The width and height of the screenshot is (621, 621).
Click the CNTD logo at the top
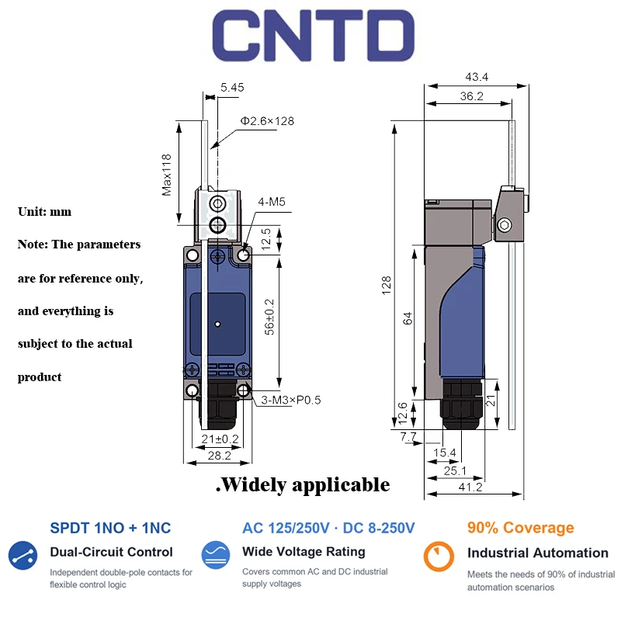click(x=314, y=35)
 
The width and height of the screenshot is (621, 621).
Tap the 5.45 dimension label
click(x=232, y=88)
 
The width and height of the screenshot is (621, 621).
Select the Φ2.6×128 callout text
click(x=267, y=121)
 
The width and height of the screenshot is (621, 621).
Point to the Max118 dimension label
click(x=167, y=175)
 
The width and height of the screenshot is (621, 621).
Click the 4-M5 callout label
click(x=272, y=202)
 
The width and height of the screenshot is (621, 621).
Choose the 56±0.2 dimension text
click(x=269, y=317)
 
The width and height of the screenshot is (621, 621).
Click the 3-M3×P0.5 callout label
click(x=290, y=400)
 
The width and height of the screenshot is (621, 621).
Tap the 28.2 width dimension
click(x=220, y=456)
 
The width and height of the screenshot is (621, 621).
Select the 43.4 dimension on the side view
click(x=477, y=77)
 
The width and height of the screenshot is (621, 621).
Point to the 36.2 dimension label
click(x=472, y=95)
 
